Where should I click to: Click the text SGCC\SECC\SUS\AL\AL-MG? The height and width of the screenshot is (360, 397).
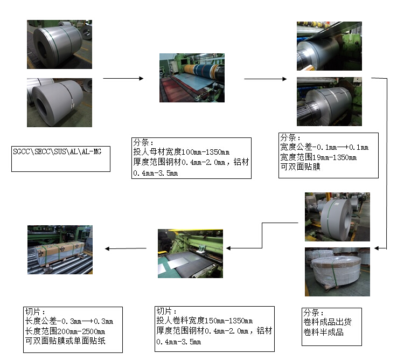57,151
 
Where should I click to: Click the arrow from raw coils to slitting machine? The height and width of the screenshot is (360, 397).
123,79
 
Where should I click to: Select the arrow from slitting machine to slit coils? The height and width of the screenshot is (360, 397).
266,79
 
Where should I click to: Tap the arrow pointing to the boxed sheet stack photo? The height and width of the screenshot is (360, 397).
126,248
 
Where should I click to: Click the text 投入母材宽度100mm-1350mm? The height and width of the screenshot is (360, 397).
182,152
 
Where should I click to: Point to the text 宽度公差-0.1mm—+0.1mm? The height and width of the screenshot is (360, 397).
324,147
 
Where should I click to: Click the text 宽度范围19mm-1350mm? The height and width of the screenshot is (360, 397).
318,157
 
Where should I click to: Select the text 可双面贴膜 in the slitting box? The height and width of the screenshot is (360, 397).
300,167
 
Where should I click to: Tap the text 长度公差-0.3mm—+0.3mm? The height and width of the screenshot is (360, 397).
69,321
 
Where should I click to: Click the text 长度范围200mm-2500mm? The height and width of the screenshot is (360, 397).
65,331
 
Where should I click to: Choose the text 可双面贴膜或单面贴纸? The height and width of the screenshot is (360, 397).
65,341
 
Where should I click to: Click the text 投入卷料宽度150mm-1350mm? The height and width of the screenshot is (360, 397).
204,321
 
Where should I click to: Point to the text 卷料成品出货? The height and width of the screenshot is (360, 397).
328,322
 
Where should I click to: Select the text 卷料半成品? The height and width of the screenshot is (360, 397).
323,332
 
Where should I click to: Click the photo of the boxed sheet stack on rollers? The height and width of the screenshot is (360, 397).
60,250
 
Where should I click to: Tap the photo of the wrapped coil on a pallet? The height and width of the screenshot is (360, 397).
337,272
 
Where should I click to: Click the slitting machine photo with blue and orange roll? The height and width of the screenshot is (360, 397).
192,78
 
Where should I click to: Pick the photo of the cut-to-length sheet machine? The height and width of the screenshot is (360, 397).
190,254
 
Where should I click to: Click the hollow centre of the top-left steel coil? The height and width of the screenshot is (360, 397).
42,50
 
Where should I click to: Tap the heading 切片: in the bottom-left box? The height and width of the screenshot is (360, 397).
35,311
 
